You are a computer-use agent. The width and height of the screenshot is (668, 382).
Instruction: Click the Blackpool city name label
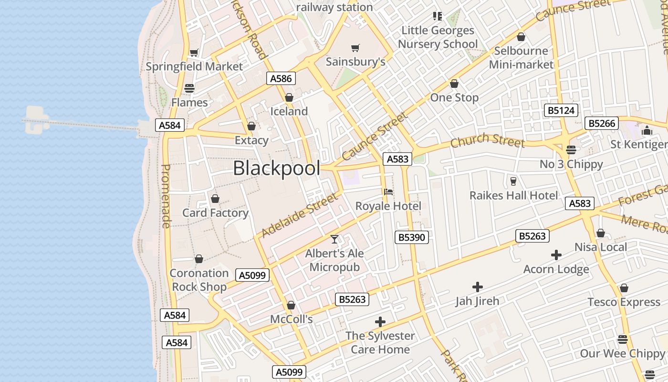pyautogui.click(x=276, y=168)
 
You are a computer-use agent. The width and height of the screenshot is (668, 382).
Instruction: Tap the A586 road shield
pyautogui.click(x=281, y=78)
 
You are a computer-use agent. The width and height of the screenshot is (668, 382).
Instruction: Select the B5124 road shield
pyautogui.click(x=561, y=111)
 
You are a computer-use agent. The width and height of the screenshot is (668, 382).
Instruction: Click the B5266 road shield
pyautogui.click(x=601, y=123)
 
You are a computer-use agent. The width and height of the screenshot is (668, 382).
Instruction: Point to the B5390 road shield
pyautogui.click(x=411, y=237)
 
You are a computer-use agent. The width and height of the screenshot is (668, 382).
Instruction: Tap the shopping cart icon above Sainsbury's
pyautogui.click(x=355, y=48)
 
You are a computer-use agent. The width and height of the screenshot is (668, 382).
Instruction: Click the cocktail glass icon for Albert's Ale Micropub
pyautogui.click(x=334, y=239)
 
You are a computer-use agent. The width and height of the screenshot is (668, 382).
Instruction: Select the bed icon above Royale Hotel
pyautogui.click(x=388, y=192)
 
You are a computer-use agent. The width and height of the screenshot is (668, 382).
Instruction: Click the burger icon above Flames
pyautogui.click(x=189, y=88)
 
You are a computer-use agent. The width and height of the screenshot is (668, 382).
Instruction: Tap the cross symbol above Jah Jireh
pyautogui.click(x=477, y=287)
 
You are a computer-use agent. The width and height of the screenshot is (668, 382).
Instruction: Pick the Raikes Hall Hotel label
pyautogui.click(x=513, y=195)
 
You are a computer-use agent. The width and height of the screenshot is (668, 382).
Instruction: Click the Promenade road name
pyautogui.click(x=166, y=196)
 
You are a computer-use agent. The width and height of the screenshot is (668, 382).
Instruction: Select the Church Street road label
pyautogui.click(x=487, y=140)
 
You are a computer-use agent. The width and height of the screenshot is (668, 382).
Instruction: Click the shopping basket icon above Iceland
pyautogui.click(x=289, y=97)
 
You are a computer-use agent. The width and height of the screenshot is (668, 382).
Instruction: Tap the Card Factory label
pyautogui.click(x=215, y=213)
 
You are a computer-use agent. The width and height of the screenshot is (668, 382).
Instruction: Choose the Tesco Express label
pyautogui.click(x=624, y=302)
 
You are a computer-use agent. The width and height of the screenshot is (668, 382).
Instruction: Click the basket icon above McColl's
pyautogui.click(x=291, y=305)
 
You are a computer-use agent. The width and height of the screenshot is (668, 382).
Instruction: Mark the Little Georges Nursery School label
pyautogui.click(x=438, y=37)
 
